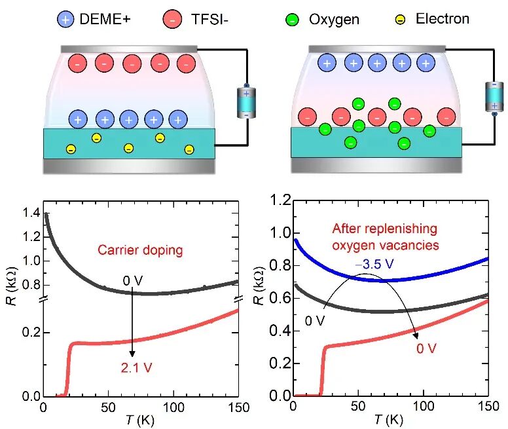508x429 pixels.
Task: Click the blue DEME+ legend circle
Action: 67,19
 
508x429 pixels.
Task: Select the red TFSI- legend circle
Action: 173,19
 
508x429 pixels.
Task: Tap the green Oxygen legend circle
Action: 292,19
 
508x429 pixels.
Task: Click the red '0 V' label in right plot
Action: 426,348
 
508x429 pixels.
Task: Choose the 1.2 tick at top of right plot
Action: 278,200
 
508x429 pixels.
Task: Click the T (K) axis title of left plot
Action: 139,420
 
